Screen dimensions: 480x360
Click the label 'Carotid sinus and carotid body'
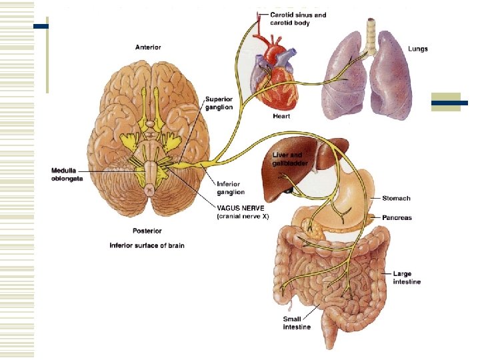click(x=298, y=19)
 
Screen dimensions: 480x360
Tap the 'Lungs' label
click(x=418, y=49)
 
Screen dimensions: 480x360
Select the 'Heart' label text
click(x=281, y=116)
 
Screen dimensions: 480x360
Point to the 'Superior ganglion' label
click(x=219, y=103)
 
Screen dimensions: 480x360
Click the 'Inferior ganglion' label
click(x=230, y=188)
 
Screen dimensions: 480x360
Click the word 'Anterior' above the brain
click(x=148, y=47)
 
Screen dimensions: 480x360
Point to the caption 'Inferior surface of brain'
click(x=147, y=245)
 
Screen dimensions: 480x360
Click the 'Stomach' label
click(x=396, y=198)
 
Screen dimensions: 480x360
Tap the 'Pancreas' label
click(x=397, y=217)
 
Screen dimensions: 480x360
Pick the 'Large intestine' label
click(x=407, y=277)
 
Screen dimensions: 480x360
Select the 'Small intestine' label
click(x=297, y=323)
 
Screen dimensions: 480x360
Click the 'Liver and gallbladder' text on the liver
click(x=287, y=159)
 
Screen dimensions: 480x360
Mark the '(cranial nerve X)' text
click(x=243, y=217)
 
